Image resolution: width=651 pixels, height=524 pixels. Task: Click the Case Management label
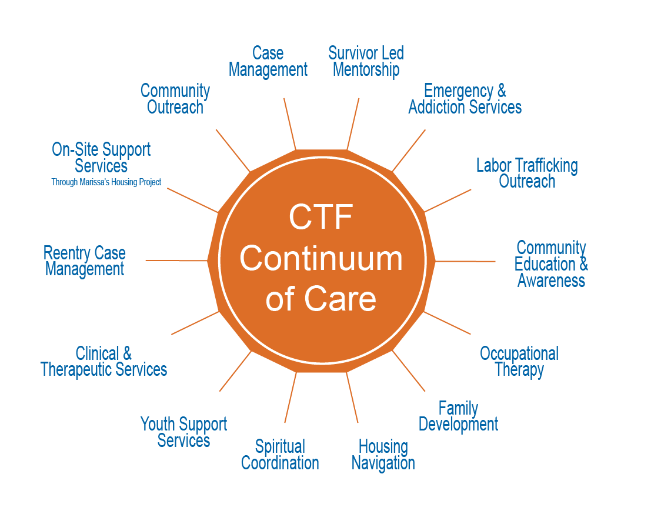tap(268, 62)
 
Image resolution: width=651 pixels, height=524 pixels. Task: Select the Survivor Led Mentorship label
tap(366, 62)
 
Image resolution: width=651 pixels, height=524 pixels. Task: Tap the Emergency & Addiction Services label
tap(465, 99)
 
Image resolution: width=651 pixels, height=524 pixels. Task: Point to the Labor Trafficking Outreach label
tap(527, 173)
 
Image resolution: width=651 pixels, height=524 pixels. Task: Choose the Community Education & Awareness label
tap(551, 264)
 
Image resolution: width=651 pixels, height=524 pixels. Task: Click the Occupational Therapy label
tap(519, 362)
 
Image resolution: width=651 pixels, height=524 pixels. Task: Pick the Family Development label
tap(458, 416)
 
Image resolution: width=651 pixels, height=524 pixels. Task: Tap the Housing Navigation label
tap(383, 455)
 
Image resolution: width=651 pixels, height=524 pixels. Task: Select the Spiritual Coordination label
tap(280, 455)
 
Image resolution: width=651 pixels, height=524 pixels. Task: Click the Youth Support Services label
tap(183, 432)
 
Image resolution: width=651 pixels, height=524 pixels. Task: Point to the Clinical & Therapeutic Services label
tap(104, 362)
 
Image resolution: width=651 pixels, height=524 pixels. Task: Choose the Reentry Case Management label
tap(85, 262)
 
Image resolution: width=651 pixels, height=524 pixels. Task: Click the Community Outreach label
tap(175, 99)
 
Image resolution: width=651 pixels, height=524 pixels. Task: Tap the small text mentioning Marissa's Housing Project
tap(106, 182)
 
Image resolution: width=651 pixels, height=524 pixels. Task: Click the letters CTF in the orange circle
tap(321, 218)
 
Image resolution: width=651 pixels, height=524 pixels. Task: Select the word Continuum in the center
tap(321, 259)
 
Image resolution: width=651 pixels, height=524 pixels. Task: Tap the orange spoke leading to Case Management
tap(289, 124)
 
